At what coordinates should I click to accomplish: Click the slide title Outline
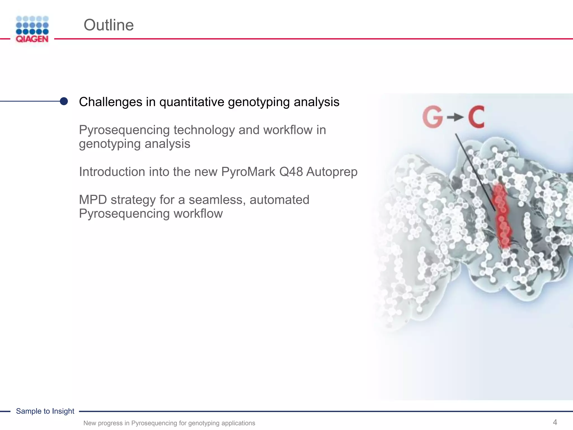[109, 25]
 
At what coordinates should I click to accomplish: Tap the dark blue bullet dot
[64, 101]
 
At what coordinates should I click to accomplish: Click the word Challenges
[111, 102]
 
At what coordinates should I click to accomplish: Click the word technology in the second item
[204, 130]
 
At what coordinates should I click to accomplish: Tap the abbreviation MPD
[93, 200]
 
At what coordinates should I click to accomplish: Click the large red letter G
[433, 117]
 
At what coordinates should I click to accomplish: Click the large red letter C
[476, 117]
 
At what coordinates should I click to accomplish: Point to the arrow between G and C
[455, 118]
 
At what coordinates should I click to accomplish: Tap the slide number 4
[555, 422]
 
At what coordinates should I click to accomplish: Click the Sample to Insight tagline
[45, 411]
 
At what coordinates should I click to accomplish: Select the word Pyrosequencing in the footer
[154, 423]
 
